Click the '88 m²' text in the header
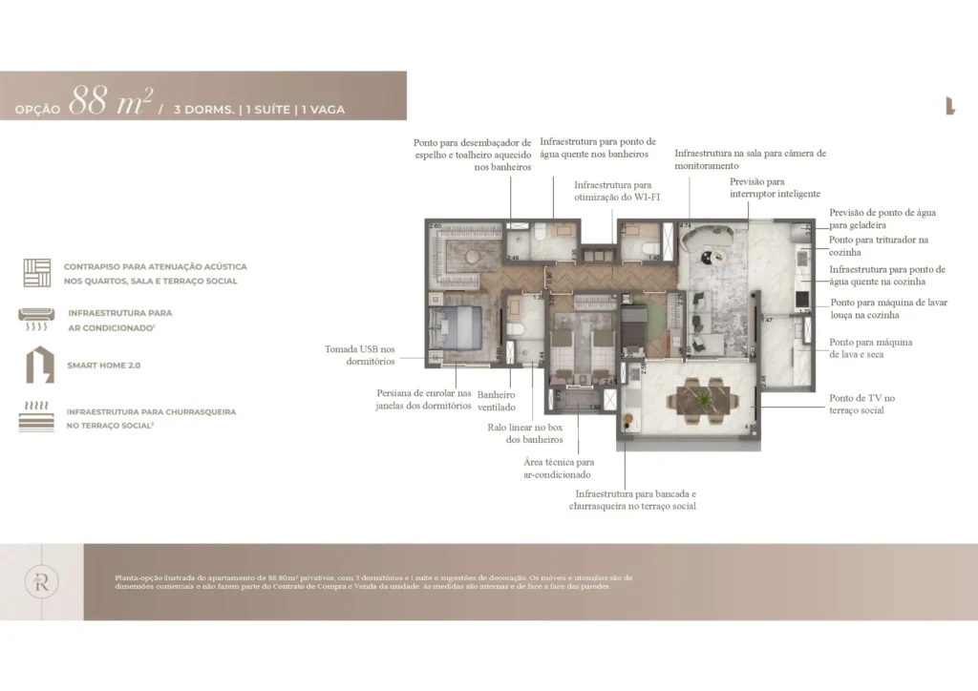pos(111,100)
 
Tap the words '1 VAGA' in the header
pos(323,110)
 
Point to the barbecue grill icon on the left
pos(36,418)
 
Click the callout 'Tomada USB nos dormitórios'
pos(359,355)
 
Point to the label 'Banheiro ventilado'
pos(496,401)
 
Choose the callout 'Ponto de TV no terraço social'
pos(862,404)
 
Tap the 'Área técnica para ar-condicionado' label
pos(558,468)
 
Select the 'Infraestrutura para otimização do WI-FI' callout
pos(612,191)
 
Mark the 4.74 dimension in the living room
pos(685,225)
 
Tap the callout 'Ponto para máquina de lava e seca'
pos(870,348)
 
